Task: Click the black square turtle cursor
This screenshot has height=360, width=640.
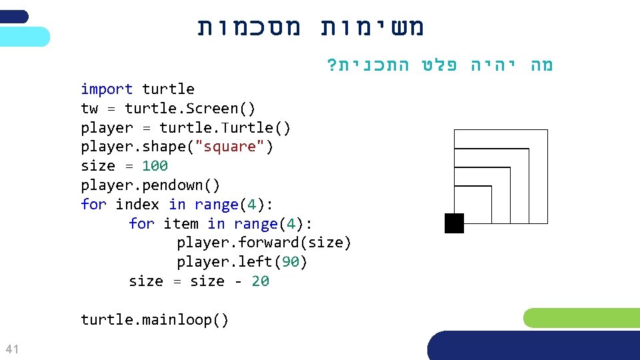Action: (x=454, y=223)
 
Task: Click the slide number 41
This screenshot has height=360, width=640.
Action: (x=11, y=349)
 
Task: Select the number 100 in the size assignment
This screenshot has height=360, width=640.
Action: (x=155, y=166)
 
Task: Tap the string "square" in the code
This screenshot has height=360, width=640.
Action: (x=229, y=147)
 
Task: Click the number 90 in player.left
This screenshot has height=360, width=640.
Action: (x=291, y=262)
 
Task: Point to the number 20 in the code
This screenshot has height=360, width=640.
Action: (x=260, y=281)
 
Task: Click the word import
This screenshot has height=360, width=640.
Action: (x=107, y=89)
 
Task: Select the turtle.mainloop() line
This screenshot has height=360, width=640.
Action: (x=155, y=320)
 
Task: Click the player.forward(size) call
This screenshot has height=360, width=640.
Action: (x=263, y=243)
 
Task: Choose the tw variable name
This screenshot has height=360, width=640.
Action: (x=89, y=109)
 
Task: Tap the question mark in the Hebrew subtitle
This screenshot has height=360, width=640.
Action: (x=331, y=65)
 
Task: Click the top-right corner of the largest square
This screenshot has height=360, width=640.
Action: (x=547, y=130)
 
